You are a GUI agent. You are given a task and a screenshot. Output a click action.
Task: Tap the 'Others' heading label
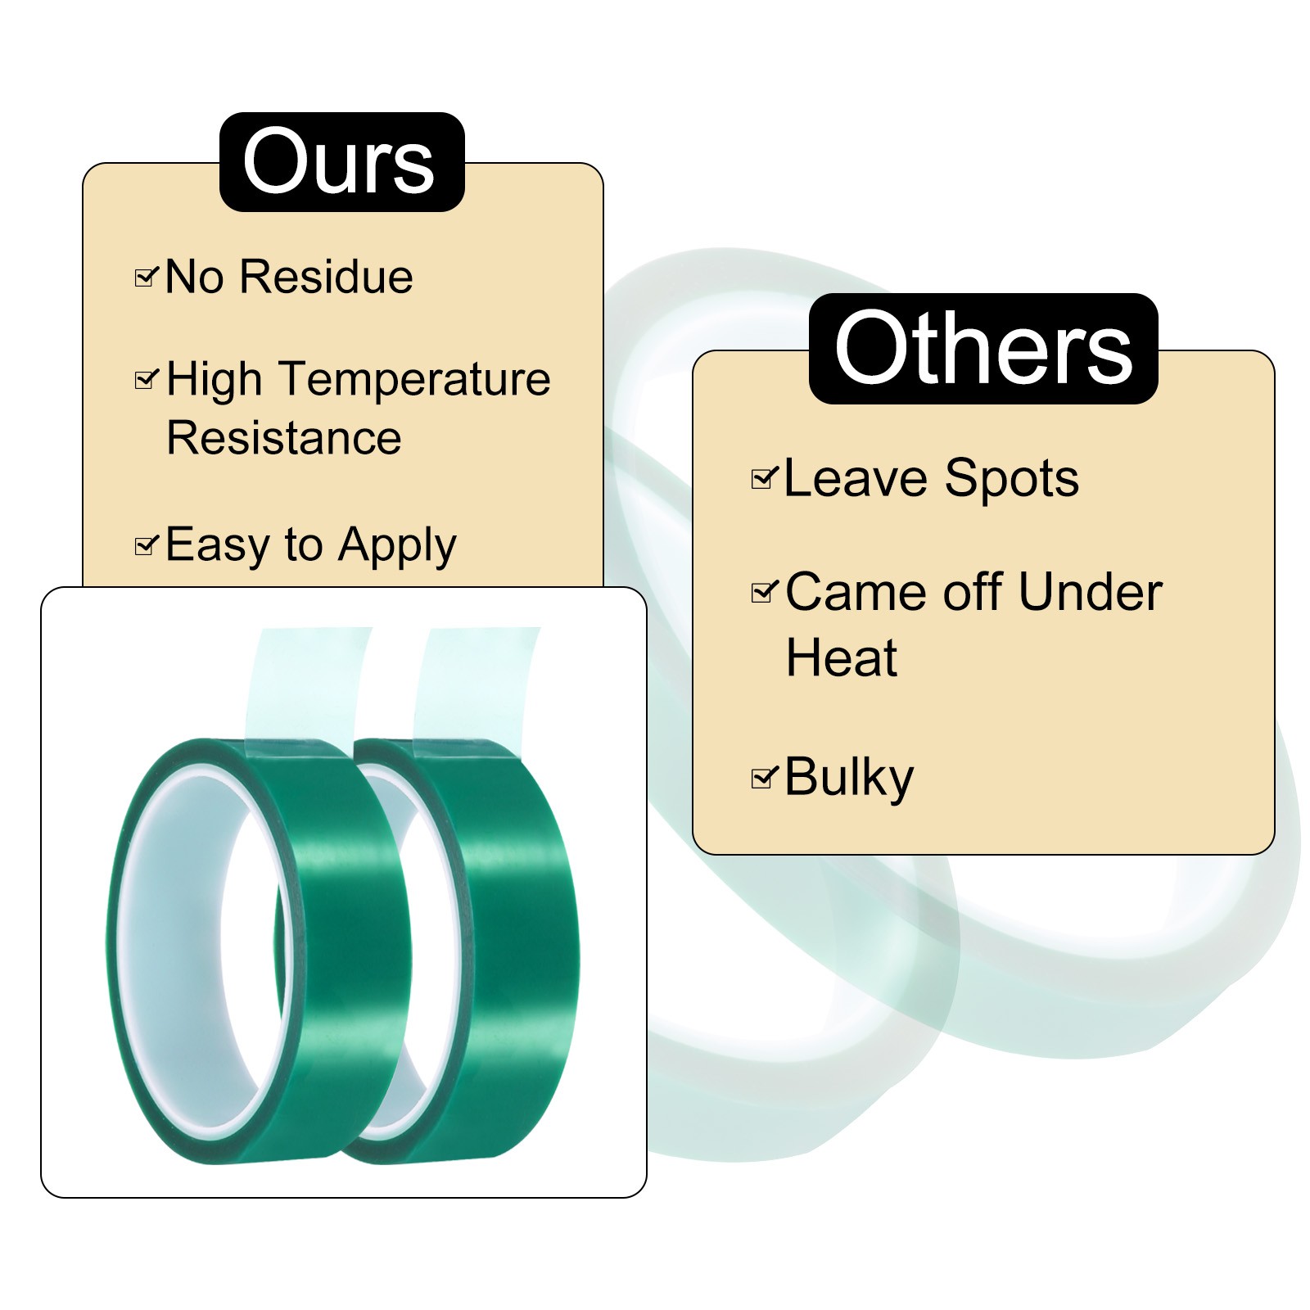click(982, 350)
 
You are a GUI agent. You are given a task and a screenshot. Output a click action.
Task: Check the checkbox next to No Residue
click(145, 278)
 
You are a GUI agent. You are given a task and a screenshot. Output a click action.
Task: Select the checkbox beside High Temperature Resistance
click(145, 379)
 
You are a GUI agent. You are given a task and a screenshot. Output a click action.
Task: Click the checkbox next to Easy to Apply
click(145, 544)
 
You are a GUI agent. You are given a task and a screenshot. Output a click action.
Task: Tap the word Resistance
click(283, 438)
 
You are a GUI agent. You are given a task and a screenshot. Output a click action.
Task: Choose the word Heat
click(841, 657)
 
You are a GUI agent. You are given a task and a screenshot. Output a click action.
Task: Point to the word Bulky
click(848, 778)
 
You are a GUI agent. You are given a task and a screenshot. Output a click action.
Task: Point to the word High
click(214, 380)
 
